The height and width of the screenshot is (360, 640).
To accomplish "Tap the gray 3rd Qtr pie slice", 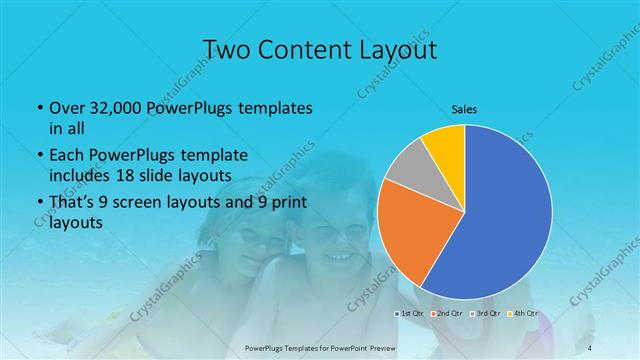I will pyautogui.click(x=408, y=167).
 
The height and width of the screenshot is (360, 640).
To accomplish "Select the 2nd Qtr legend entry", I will pyautogui.click(x=447, y=314).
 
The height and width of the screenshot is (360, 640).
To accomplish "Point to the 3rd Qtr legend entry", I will pyautogui.click(x=484, y=314).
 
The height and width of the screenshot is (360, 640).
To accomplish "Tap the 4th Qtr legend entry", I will pyautogui.click(x=521, y=314).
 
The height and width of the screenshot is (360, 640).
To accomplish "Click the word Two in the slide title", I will pyautogui.click(x=225, y=51).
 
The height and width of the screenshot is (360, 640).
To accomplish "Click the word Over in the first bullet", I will pyautogui.click(x=66, y=108).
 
